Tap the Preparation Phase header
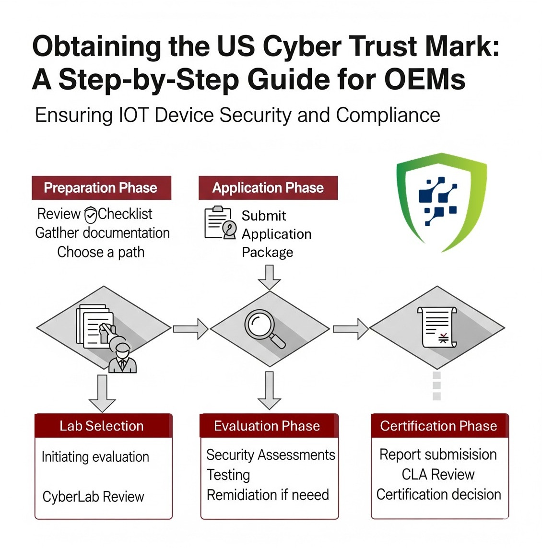point(101,187)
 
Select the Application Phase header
point(268,187)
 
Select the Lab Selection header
point(102,426)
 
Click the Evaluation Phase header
point(267,426)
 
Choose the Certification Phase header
point(438,426)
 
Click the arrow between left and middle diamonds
point(190,329)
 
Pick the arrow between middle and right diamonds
point(350,329)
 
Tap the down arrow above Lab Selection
point(102,393)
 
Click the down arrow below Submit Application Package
point(269,277)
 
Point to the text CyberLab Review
point(93,497)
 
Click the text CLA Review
point(438,475)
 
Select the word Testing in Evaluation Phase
point(228,475)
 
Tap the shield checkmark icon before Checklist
point(90,215)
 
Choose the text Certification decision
point(438,494)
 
